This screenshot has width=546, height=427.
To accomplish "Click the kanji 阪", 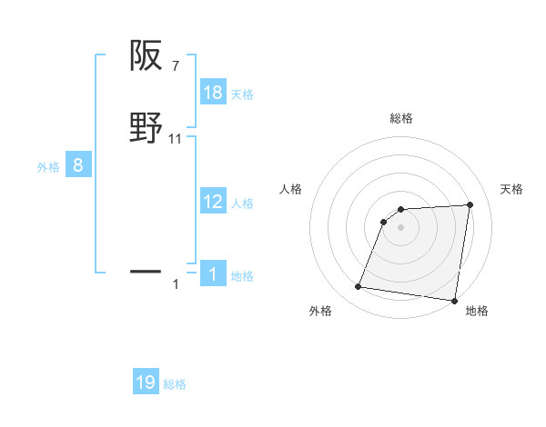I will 147,57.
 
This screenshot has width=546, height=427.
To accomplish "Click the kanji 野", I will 147,128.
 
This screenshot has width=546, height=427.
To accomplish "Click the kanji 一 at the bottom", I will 147,271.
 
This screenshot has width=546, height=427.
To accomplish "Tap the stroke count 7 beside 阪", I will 175,67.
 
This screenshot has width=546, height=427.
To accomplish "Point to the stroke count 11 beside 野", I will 177,139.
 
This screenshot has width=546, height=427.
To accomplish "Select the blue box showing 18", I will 213,92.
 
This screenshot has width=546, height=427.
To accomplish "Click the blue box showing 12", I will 213,203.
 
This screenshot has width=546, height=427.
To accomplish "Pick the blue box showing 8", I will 78,165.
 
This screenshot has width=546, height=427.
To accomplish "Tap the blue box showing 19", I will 146,382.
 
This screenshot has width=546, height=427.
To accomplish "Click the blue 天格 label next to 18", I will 242,94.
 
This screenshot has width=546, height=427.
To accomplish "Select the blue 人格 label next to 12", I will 242,204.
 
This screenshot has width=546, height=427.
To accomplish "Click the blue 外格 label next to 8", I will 48,166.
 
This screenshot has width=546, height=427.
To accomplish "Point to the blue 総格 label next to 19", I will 175,384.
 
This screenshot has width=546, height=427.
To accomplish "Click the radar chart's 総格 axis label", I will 400,118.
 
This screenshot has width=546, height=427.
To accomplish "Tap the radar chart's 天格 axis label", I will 511,189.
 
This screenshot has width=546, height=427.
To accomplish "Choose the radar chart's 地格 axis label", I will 477,312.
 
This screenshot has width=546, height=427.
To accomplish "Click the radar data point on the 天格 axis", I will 470,204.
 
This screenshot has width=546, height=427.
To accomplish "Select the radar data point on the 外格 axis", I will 359,287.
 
